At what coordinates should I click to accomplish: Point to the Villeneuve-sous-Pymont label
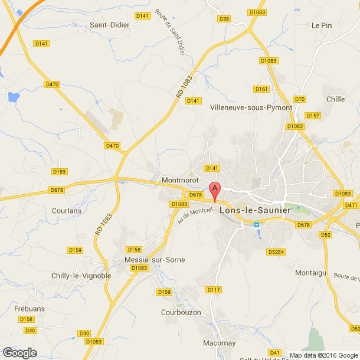251,107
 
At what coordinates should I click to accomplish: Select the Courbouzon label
181,312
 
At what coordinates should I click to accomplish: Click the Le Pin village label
322,25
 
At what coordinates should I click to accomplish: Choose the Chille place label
335,99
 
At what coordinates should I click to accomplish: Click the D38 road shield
224,19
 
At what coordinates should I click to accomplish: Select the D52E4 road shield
276,251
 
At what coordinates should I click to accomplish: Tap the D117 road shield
214,289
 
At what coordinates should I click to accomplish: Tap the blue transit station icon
257,224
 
